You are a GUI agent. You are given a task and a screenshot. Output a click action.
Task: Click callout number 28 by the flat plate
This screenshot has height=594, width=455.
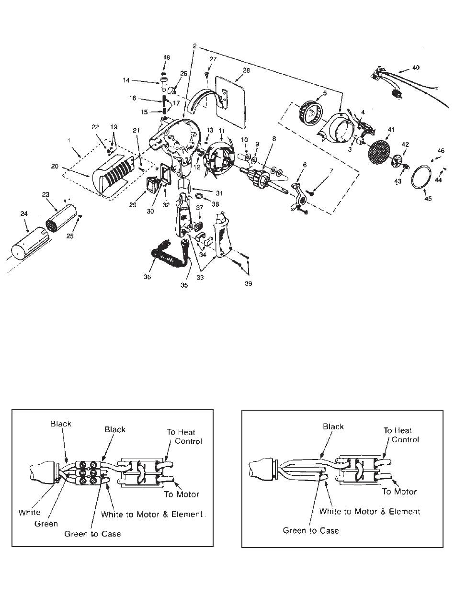point(246,70)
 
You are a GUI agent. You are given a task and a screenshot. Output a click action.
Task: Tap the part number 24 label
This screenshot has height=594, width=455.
point(24,213)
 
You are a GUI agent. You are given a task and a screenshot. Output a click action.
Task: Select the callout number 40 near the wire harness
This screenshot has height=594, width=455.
point(415,67)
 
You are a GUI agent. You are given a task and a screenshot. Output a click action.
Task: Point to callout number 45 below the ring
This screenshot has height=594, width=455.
point(428,199)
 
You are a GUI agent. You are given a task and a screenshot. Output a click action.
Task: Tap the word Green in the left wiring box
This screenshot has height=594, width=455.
point(46,524)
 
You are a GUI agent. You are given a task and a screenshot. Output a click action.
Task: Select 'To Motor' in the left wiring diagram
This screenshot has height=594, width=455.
point(182,494)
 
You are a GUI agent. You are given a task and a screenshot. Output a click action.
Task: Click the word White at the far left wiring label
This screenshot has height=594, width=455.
point(29,512)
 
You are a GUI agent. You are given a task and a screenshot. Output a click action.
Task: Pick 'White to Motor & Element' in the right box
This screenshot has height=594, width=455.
point(370,511)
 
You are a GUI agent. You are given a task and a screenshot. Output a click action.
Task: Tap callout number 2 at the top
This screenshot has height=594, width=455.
point(194,46)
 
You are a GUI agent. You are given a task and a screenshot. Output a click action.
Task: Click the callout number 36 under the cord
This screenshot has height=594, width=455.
point(147,277)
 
